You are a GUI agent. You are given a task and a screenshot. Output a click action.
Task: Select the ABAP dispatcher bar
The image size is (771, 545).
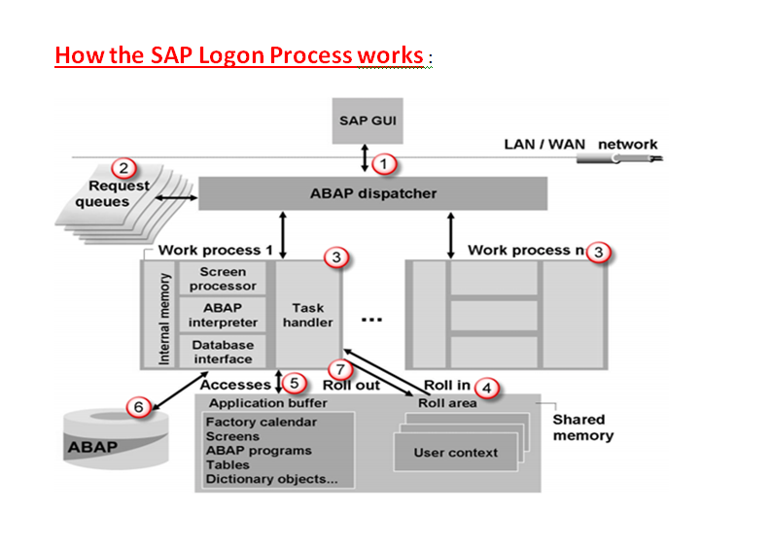[373, 193]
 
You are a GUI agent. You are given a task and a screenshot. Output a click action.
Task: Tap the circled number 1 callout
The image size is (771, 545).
[386, 164]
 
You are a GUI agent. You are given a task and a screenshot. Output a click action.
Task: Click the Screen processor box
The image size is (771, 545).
[223, 279]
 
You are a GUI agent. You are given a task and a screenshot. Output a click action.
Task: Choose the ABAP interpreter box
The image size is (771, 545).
[223, 315]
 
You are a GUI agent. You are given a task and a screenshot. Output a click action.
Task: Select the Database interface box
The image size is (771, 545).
[223, 352]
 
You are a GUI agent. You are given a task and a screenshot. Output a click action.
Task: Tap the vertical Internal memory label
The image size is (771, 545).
[163, 315]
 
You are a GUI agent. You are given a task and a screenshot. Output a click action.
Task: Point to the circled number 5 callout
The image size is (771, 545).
[295, 385]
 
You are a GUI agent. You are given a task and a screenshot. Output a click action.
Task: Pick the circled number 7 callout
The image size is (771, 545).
[338, 369]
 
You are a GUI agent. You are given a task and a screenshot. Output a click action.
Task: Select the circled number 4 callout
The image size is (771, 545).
[488, 386]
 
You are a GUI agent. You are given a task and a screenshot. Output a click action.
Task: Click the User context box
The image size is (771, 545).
[455, 453]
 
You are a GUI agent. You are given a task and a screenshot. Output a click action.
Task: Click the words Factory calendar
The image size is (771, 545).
[261, 423]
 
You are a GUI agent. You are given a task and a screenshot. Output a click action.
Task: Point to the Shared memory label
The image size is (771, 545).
[582, 427]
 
